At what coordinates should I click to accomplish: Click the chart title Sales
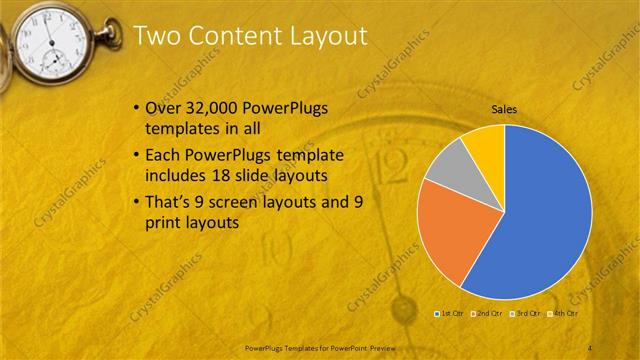(x=503, y=109)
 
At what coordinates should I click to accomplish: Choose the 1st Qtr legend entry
(x=451, y=314)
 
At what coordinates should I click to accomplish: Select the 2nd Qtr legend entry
(x=488, y=314)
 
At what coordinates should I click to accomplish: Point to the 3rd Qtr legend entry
(x=526, y=314)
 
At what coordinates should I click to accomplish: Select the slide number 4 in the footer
(x=591, y=347)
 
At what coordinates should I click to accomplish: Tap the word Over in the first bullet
(x=164, y=107)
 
